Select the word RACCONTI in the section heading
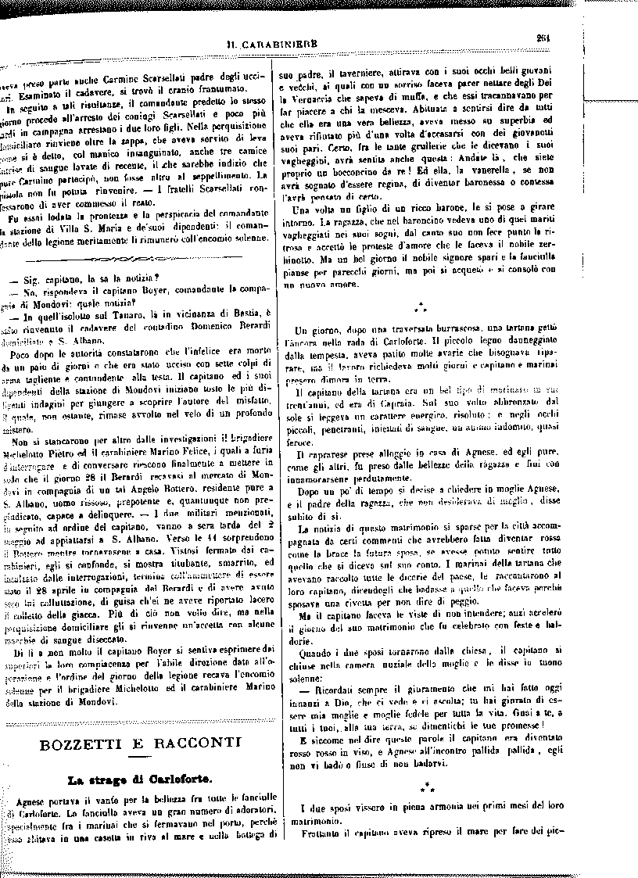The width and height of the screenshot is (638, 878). [x=187, y=743]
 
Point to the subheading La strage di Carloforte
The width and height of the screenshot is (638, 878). [x=134, y=779]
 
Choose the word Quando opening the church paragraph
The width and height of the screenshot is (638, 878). [x=321, y=650]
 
